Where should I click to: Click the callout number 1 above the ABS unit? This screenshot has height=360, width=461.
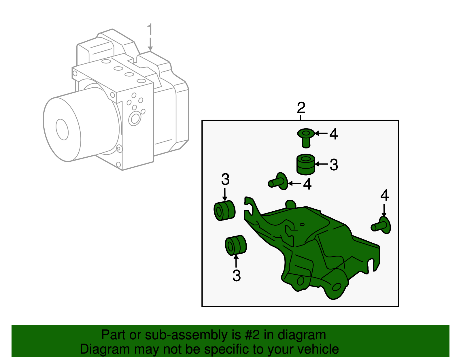tap(150, 29)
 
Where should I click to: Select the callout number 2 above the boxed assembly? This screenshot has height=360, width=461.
tap(301, 108)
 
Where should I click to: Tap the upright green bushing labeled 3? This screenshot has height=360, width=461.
tap(305, 164)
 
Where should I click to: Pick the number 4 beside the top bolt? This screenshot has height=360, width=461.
tap(333, 134)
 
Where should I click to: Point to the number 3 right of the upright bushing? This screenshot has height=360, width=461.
tap(334, 165)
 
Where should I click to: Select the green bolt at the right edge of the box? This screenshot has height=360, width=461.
tap(381, 225)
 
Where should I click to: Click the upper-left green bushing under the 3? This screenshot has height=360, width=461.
tap(224, 210)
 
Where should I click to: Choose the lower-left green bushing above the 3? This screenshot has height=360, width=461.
tap(236, 245)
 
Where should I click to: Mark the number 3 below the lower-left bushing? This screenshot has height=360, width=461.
tap(237, 276)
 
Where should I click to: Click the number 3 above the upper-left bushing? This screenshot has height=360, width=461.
tap(225, 179)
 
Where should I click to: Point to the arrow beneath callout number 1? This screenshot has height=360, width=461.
tap(150, 44)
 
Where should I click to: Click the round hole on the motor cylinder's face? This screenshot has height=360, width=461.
tap(62, 129)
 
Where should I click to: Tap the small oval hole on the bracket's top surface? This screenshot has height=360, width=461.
tap(302, 225)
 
